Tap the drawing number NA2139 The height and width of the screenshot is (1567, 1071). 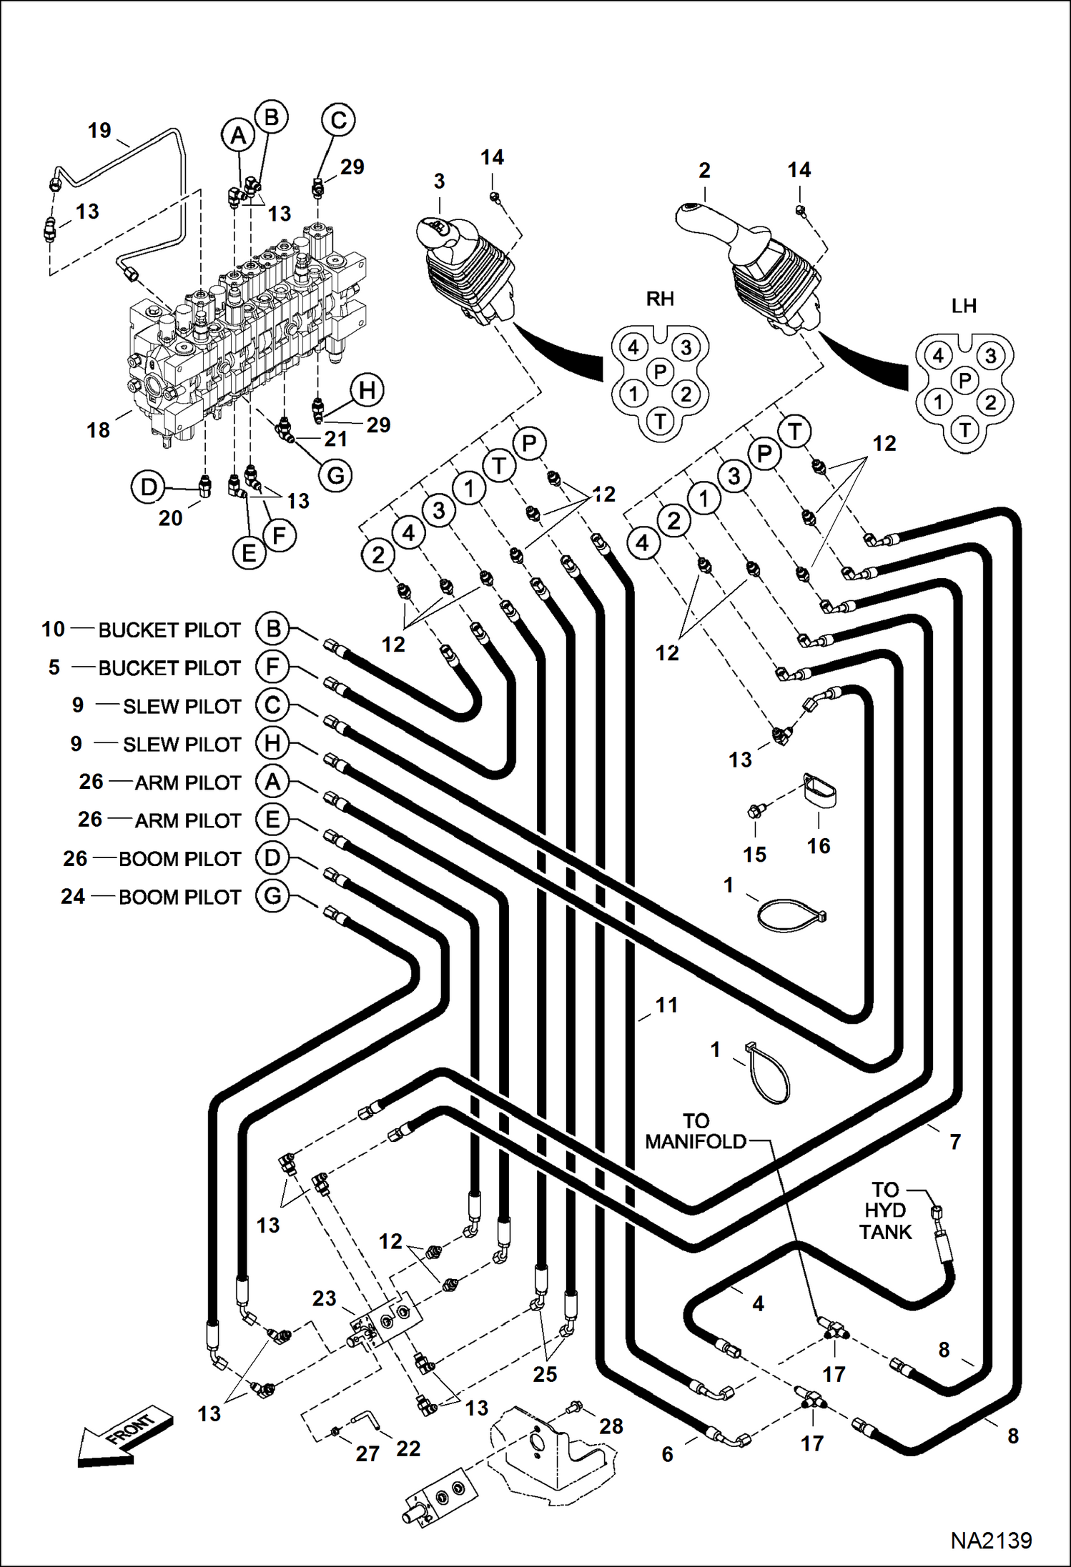pyautogui.click(x=990, y=1540)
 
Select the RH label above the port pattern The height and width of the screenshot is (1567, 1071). pyautogui.click(x=659, y=299)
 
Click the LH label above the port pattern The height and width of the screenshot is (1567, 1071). pyautogui.click(x=963, y=307)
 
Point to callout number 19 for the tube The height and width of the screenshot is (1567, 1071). pyautogui.click(x=99, y=131)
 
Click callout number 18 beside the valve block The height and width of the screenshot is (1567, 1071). pyautogui.click(x=98, y=430)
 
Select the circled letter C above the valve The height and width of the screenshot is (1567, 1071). pyautogui.click(x=338, y=120)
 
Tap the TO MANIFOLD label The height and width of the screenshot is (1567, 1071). pyautogui.click(x=695, y=1131)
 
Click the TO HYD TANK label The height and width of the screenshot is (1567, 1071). pyautogui.click(x=885, y=1210)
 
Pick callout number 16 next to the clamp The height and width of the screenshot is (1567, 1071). pyautogui.click(x=818, y=846)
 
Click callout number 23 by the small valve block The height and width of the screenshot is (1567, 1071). pyautogui.click(x=324, y=1298)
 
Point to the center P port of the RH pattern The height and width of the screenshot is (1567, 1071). pyautogui.click(x=660, y=372)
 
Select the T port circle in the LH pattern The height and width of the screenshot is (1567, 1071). pyautogui.click(x=965, y=430)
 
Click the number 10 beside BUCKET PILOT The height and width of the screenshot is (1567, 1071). pyautogui.click(x=53, y=630)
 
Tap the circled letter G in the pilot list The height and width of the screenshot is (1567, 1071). pyautogui.click(x=272, y=896)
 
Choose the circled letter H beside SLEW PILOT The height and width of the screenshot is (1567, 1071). pyautogui.click(x=272, y=743)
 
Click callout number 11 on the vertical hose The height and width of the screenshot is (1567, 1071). pyautogui.click(x=666, y=1005)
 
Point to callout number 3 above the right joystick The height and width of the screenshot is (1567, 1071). pyautogui.click(x=439, y=181)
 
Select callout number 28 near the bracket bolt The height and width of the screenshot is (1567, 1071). pyautogui.click(x=611, y=1426)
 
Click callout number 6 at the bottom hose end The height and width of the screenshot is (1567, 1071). pyautogui.click(x=667, y=1453)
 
